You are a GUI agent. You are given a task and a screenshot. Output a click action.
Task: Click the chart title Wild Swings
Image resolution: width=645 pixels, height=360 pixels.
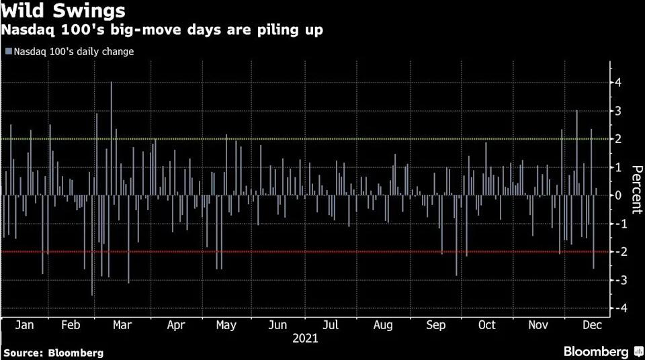pos(63,11)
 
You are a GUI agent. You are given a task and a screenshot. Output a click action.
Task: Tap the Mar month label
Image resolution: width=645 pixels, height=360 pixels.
pos(122,325)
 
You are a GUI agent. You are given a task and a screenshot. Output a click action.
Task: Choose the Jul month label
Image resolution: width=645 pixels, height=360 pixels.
pos(331,325)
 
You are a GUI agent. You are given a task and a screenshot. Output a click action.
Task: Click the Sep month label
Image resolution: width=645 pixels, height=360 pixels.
pos(436,325)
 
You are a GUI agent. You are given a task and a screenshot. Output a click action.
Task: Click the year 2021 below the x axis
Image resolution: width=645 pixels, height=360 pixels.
pos(305,339)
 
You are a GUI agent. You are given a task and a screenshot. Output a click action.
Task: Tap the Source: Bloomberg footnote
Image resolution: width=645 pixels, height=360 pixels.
pos(54,353)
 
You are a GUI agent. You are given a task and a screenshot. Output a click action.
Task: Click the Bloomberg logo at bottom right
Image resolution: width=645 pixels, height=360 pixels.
pos(600,352)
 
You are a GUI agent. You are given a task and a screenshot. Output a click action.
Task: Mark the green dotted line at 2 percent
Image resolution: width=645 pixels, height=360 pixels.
pos(336,139)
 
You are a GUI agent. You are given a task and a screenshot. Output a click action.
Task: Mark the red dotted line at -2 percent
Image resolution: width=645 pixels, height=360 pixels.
pos(336,252)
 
